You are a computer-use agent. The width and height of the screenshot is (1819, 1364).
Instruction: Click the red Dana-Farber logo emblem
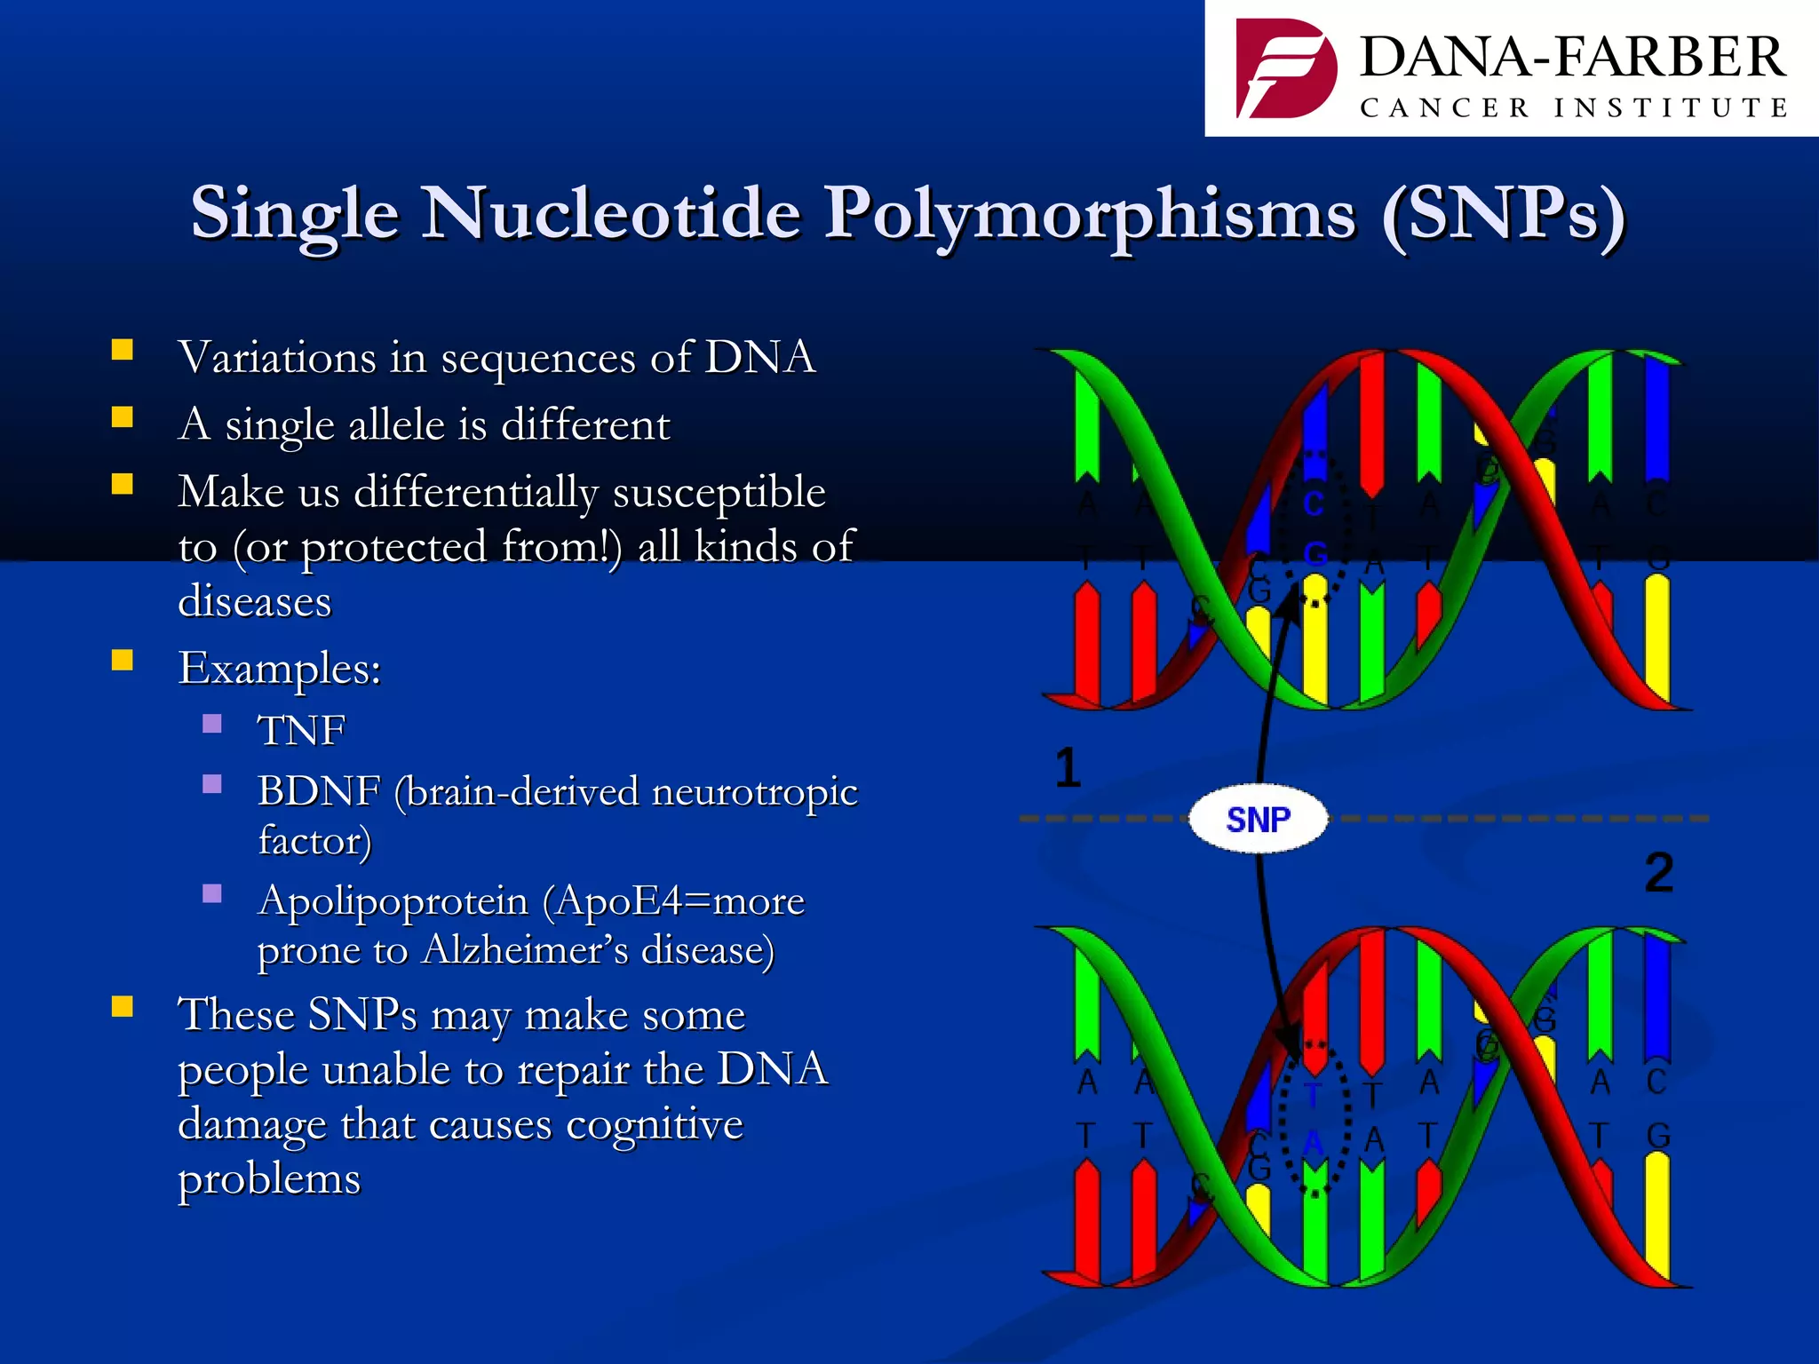tap(1285, 69)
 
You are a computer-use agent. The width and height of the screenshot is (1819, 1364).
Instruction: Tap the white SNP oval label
tap(1259, 819)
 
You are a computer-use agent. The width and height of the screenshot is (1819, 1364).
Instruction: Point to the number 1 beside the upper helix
tap(1068, 767)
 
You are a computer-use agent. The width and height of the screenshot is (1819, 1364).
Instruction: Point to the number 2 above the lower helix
tap(1658, 872)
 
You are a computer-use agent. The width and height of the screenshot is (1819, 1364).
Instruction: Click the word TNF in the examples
tap(301, 731)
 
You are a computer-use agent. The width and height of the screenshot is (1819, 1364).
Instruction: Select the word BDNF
tap(319, 791)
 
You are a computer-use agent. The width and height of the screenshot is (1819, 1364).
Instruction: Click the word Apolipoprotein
tap(393, 900)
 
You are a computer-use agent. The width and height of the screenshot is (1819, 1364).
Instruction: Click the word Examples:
tap(280, 668)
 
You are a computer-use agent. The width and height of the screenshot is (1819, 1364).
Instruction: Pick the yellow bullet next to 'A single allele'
tap(123, 417)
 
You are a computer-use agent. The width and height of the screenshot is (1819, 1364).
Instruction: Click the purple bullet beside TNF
tap(212, 724)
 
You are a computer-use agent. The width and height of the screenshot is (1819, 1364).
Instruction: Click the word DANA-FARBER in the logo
tap(1572, 58)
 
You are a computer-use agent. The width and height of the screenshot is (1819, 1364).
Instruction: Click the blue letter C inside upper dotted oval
tap(1314, 504)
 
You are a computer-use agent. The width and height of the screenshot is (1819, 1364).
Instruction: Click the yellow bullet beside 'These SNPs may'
tap(123, 1006)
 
